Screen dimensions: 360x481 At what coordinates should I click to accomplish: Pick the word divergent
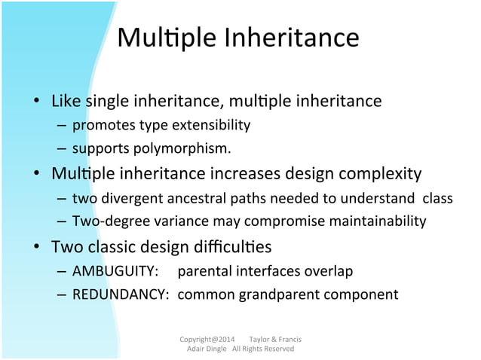(124, 198)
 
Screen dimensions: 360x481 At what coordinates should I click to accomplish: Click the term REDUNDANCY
(120, 294)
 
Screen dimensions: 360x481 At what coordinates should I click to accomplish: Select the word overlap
(329, 270)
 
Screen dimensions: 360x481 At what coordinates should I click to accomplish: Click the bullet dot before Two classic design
(35, 247)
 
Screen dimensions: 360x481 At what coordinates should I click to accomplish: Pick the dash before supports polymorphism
(61, 148)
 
